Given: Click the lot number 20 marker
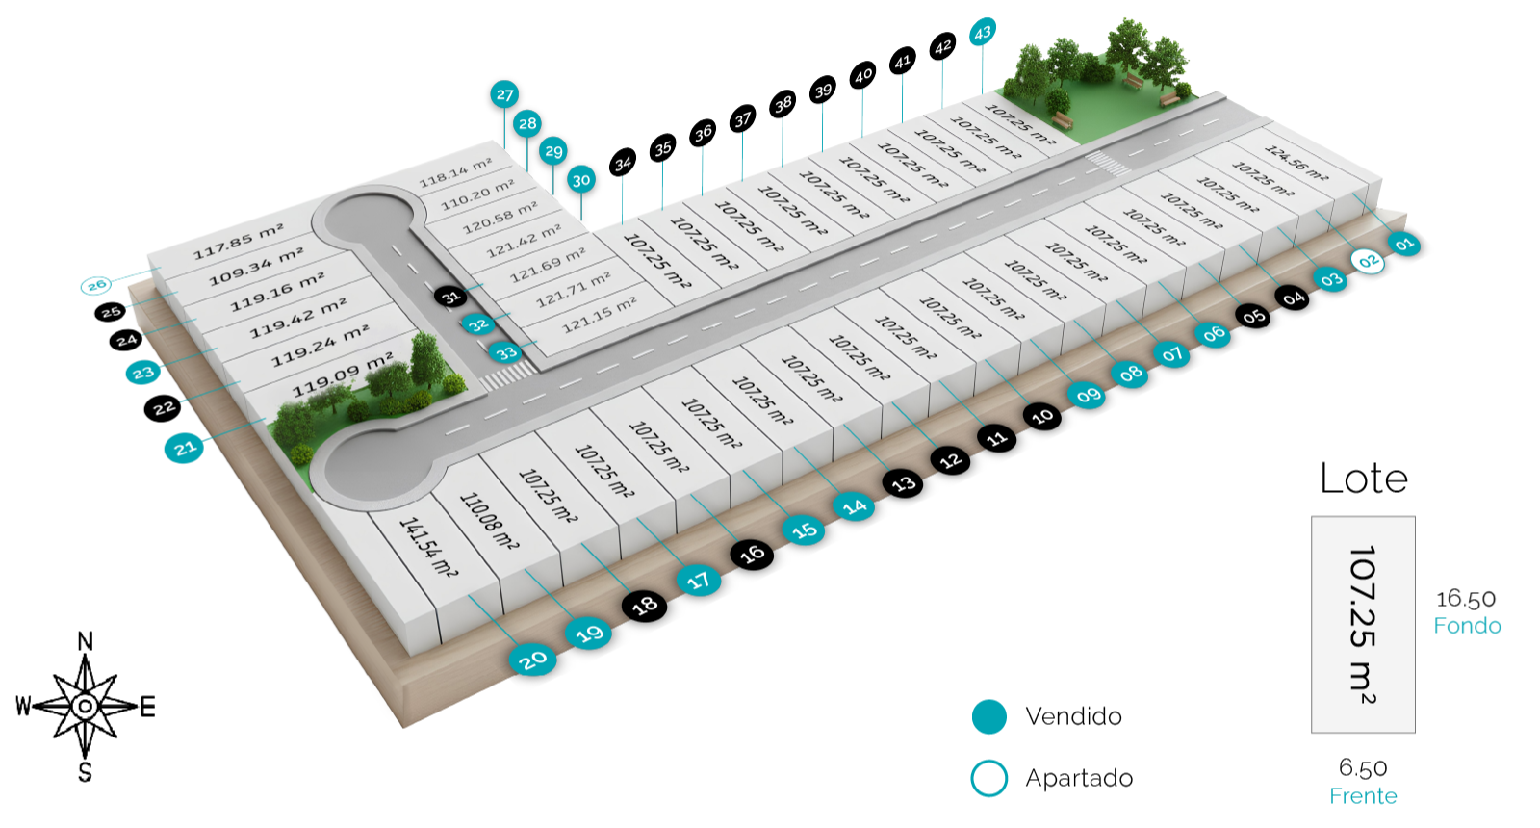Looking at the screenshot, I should tap(533, 660).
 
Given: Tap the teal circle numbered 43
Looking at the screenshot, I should tap(982, 33).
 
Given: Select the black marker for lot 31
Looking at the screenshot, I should tap(451, 297).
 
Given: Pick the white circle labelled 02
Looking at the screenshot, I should tap(1368, 261).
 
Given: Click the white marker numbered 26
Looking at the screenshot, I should tap(96, 285).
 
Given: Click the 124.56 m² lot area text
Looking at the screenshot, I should tap(1296, 164).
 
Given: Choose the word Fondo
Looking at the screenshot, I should tap(1467, 626).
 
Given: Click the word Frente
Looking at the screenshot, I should tap(1363, 796).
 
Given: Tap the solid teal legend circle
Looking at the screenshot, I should tap(988, 716).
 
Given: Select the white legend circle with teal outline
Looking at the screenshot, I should tap(988, 778).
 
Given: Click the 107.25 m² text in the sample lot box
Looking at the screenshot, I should tap(1362, 624).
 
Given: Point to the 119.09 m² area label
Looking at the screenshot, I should tap(344, 374).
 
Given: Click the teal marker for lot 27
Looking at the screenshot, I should tap(504, 94).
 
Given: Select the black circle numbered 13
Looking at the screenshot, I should tap(903, 483).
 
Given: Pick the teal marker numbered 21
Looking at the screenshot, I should tap(184, 448).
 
